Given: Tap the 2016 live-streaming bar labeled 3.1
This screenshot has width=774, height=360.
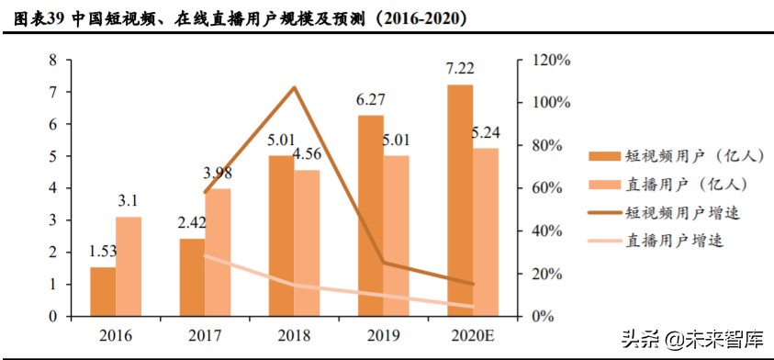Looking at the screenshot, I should tap(129, 266).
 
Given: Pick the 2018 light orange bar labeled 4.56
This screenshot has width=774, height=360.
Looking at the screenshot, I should tap(307, 243).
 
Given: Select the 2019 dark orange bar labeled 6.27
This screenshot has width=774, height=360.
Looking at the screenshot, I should tap(371, 216).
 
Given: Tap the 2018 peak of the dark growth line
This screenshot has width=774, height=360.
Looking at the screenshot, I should tap(294, 88).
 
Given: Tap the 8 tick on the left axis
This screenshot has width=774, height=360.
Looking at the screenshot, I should tap(53, 60).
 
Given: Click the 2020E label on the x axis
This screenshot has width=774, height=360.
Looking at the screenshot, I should tap(473, 335).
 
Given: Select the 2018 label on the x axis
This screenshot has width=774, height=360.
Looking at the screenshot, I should tap(294, 335).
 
